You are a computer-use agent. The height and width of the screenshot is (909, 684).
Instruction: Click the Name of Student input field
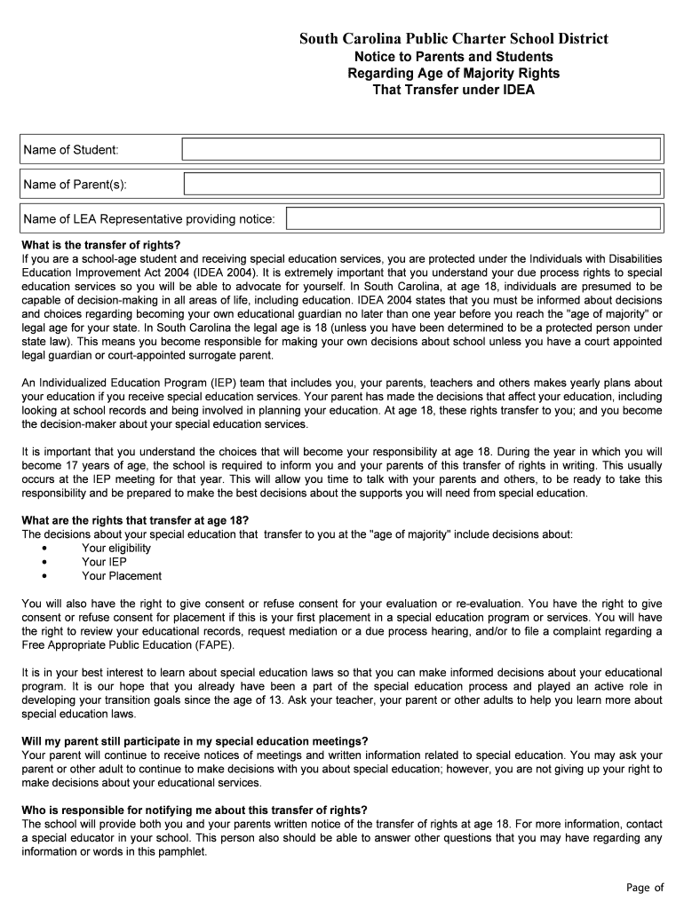(x=421, y=149)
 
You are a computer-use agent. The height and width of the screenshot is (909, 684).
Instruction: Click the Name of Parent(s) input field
(x=422, y=184)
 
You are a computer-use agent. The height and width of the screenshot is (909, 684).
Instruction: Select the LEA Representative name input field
(x=473, y=218)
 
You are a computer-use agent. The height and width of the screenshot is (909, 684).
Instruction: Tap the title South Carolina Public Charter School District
(x=453, y=38)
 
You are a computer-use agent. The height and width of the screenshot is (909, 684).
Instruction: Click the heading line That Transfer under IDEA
(x=453, y=91)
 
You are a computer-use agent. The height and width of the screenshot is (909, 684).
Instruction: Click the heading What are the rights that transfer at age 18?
(x=135, y=519)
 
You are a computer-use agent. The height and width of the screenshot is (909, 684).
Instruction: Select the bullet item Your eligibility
(x=116, y=548)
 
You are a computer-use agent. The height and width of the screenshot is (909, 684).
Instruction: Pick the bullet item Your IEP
(x=104, y=562)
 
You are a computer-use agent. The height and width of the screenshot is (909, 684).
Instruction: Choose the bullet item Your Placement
(x=122, y=576)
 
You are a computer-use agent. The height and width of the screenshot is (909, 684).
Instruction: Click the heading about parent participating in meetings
(x=195, y=741)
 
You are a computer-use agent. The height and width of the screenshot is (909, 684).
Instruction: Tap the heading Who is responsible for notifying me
(x=195, y=810)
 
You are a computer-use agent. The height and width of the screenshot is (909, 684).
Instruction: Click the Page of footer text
(x=645, y=888)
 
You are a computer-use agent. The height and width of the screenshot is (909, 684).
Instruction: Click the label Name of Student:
(x=70, y=150)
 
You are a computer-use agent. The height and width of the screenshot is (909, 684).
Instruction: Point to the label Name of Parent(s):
(x=75, y=185)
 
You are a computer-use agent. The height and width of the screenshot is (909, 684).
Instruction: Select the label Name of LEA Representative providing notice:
(x=149, y=219)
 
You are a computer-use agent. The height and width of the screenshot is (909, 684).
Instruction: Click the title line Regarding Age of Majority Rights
(x=453, y=73)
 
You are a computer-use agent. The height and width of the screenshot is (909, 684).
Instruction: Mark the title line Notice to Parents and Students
(x=453, y=56)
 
